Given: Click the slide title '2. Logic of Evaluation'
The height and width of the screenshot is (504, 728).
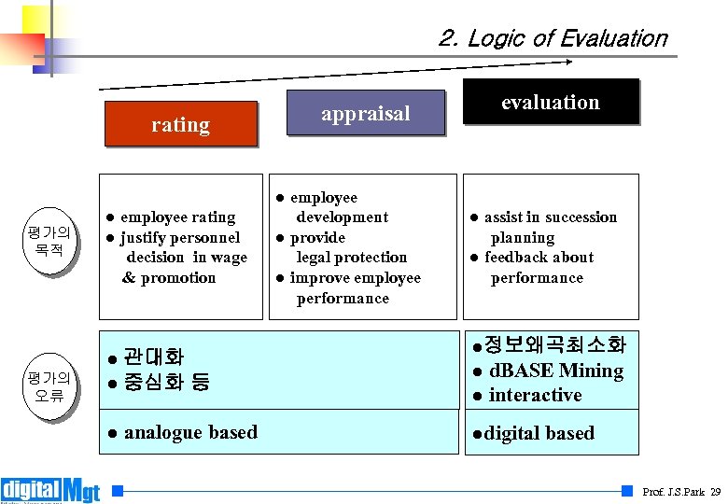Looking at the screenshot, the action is pos(553,38).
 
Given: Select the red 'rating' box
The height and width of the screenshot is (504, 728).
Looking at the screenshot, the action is pos(180,124).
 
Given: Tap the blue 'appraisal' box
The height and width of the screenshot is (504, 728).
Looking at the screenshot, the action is pos(366,114).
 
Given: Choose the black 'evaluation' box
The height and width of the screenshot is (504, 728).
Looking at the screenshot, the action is pos(550,102).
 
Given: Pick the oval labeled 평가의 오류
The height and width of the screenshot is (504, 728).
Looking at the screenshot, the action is pos(49,385).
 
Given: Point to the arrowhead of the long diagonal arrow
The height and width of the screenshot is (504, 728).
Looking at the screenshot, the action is pos(568,63).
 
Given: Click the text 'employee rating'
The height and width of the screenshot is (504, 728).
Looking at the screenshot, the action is pos(177,217).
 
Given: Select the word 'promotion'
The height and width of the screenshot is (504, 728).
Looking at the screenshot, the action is pos(178,278).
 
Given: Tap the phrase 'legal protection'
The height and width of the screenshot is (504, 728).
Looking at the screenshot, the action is pos(351,258).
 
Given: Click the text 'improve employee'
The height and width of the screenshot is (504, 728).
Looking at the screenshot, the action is pos(355,278).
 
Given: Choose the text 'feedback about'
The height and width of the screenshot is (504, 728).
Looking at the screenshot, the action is pos(539,258).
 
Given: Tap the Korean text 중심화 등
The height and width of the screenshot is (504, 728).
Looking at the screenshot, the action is pos(166,382).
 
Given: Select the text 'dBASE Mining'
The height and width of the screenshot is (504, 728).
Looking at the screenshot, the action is pos(555,371).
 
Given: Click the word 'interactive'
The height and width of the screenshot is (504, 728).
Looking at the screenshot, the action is pos(535,395).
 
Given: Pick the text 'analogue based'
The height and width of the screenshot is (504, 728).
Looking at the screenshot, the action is pos(190,432).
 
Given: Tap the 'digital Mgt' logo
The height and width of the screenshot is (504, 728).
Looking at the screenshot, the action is pos(51,490).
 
